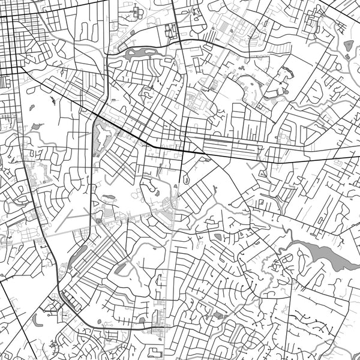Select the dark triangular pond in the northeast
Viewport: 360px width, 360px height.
click(x=348, y=45)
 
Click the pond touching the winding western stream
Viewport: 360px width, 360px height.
click(x=37, y=127)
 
